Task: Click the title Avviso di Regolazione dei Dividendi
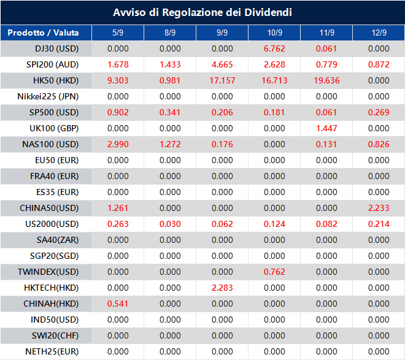pyautogui.click(x=202, y=12)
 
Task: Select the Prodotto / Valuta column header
pyautogui.click(x=39, y=33)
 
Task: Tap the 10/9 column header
pyautogui.click(x=274, y=33)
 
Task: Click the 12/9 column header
pyautogui.click(x=379, y=33)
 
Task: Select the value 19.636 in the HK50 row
pyautogui.click(x=326, y=80)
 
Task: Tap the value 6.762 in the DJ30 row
pyautogui.click(x=274, y=48)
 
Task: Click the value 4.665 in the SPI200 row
pyautogui.click(x=222, y=64)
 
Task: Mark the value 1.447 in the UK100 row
pyautogui.click(x=326, y=128)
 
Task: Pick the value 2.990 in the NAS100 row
pyautogui.click(x=118, y=144)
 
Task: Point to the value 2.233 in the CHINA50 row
pyautogui.click(x=379, y=208)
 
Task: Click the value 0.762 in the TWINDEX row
pyautogui.click(x=274, y=272)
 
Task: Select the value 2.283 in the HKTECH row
pyautogui.click(x=222, y=288)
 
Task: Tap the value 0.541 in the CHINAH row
pyautogui.click(x=118, y=304)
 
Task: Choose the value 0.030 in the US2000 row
pyautogui.click(x=170, y=224)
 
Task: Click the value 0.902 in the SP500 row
pyautogui.click(x=118, y=112)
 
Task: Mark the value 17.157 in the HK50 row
pyautogui.click(x=222, y=80)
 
